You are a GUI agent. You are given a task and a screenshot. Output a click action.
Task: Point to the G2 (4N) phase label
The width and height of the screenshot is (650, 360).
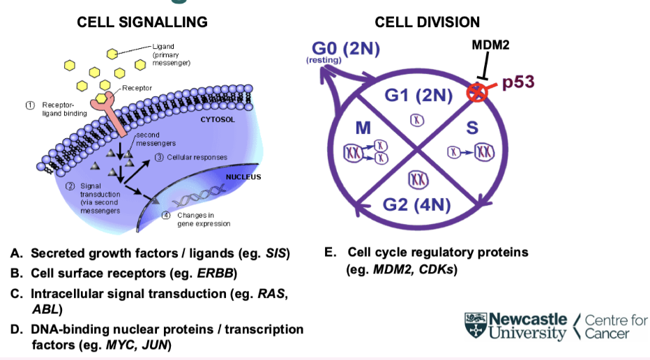coord(418,204)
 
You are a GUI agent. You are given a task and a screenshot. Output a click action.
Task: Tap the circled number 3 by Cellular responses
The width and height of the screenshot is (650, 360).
coord(160,157)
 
